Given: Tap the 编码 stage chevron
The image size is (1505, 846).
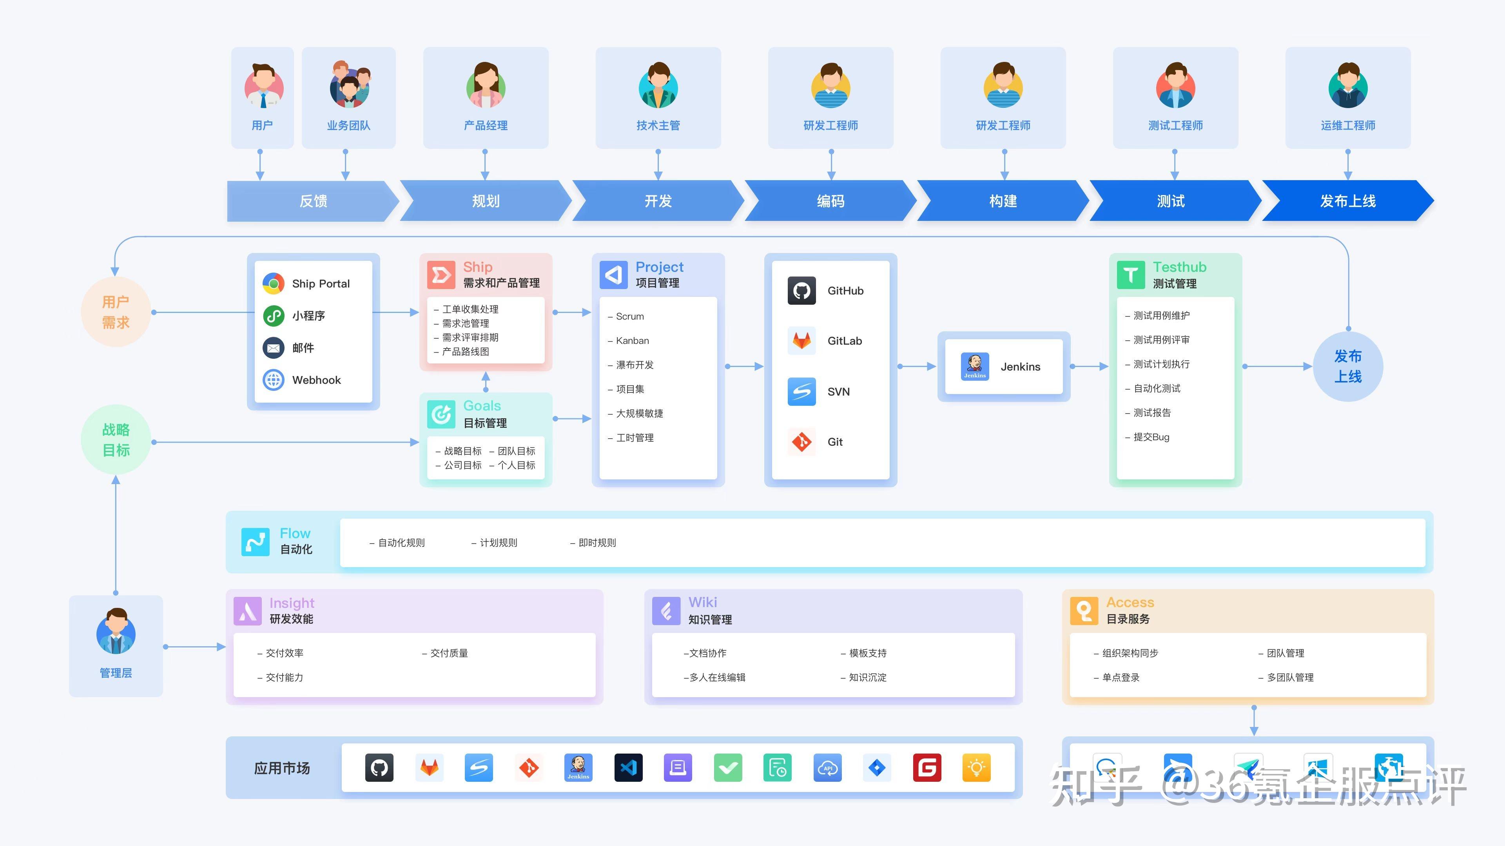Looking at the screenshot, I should click(830, 201).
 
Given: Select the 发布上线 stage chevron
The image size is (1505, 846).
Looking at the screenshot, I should click(1347, 201).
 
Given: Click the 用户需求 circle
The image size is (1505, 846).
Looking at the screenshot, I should click(116, 313).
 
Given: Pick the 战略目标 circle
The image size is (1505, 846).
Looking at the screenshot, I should click(116, 439).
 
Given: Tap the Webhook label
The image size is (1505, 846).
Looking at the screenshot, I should click(316, 380).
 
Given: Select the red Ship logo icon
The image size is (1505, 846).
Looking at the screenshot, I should click(441, 275).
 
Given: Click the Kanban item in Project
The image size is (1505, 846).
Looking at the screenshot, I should click(632, 340).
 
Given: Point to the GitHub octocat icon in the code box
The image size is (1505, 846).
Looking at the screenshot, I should click(801, 291).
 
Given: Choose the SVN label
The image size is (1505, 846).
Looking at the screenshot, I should click(838, 392).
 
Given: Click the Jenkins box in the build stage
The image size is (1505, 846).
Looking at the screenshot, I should click(1003, 367).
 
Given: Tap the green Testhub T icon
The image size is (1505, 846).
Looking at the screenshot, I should click(1130, 275).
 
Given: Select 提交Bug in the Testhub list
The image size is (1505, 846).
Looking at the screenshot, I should click(1151, 437).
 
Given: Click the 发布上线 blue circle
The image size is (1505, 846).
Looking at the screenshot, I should click(1347, 366).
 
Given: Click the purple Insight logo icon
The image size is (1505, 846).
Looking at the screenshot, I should click(248, 611).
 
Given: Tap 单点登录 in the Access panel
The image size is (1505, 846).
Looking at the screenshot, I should click(1120, 677).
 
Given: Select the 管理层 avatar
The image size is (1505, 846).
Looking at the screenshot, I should click(116, 632).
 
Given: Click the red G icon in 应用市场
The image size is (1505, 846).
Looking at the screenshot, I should click(927, 768).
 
